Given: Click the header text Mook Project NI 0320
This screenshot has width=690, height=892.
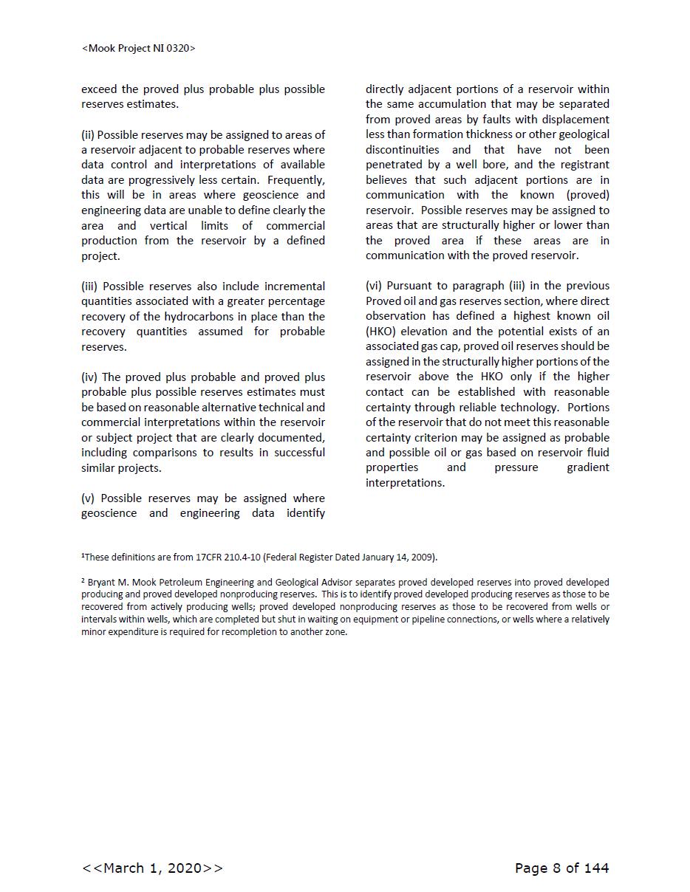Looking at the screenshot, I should pyautogui.click(x=138, y=48).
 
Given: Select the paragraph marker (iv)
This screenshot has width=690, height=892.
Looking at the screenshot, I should pyautogui.click(x=89, y=377).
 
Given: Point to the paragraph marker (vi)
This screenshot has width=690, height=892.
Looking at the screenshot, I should pyautogui.click(x=374, y=286).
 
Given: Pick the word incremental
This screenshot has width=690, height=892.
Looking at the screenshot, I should pyautogui.click(x=294, y=287).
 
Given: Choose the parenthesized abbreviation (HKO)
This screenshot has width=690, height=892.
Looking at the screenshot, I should pyautogui.click(x=380, y=332).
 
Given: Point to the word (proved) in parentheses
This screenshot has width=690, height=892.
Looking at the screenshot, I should pyautogui.click(x=588, y=195).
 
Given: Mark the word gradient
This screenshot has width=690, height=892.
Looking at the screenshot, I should pyautogui.click(x=587, y=467).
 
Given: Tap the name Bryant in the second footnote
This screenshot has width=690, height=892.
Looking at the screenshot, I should pyautogui.click(x=101, y=583).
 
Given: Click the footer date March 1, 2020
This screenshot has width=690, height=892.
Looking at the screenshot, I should pyautogui.click(x=152, y=868).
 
